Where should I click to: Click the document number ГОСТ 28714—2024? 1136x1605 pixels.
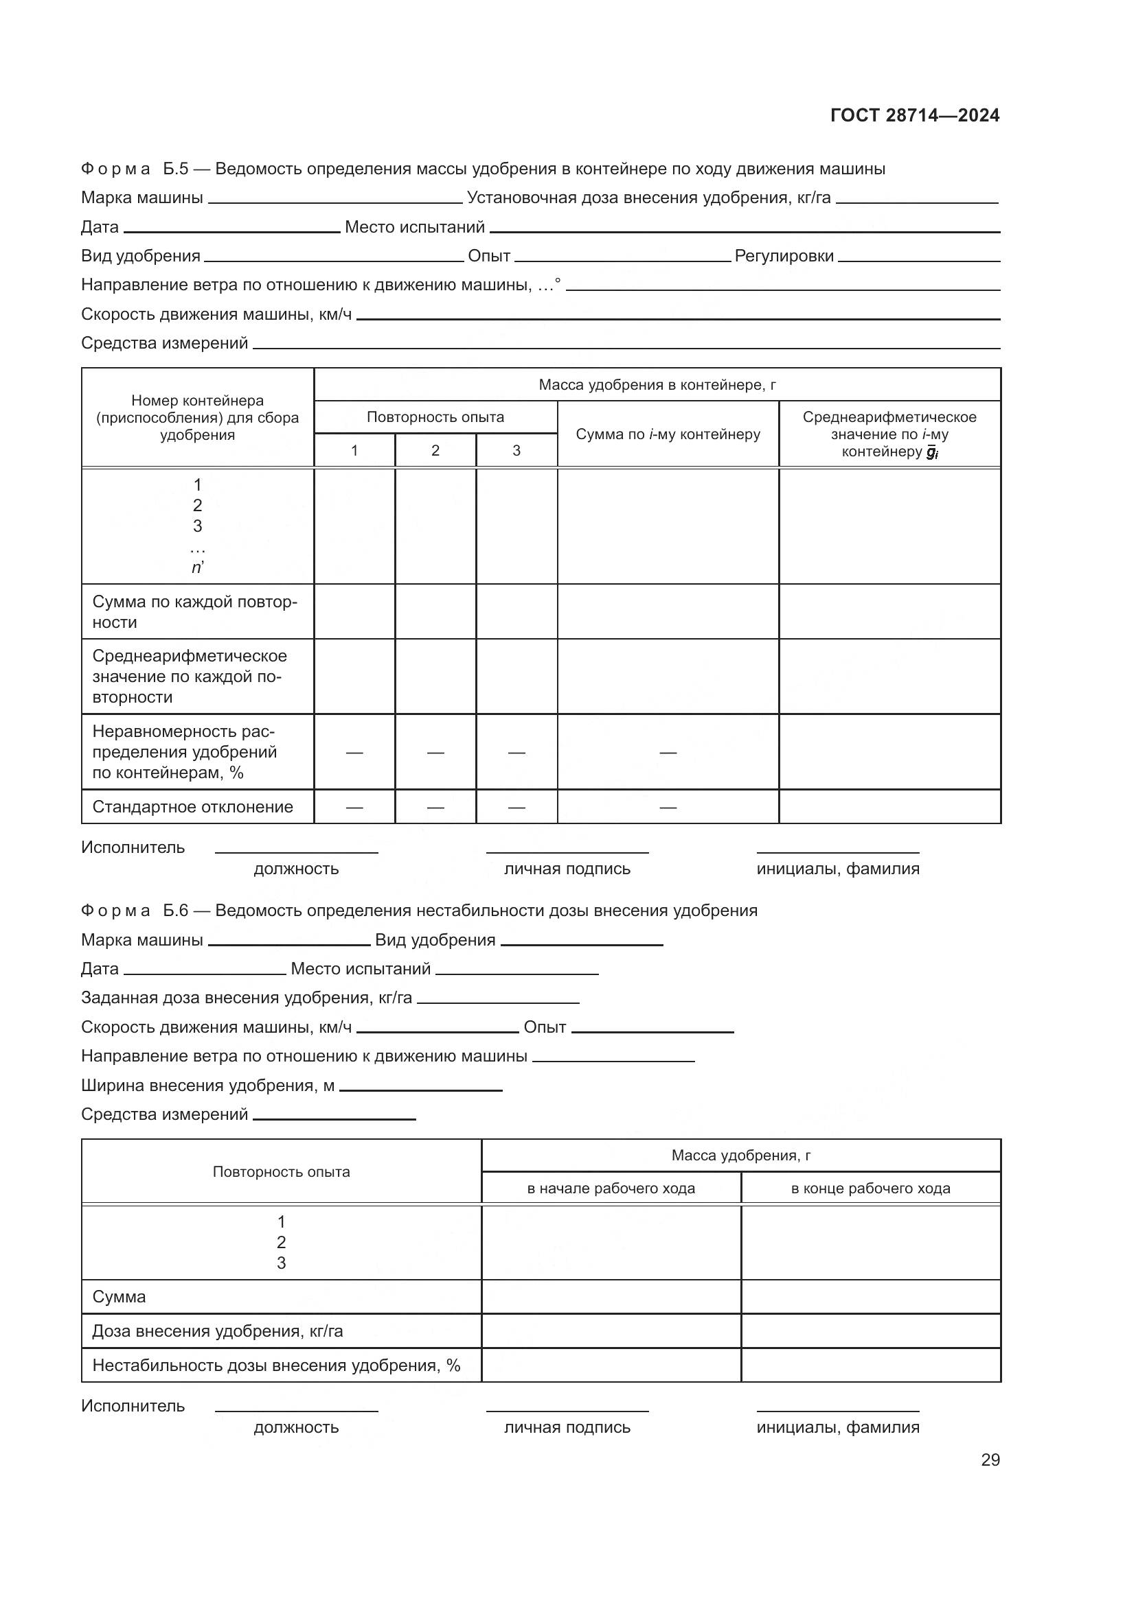tap(914, 115)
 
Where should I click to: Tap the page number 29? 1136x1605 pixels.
tap(990, 1460)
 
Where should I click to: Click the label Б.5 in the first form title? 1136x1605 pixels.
tap(176, 169)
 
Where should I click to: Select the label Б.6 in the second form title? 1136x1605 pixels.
tap(176, 911)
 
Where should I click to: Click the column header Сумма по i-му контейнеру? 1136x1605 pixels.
tap(668, 434)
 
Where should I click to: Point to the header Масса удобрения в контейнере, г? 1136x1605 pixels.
tap(657, 385)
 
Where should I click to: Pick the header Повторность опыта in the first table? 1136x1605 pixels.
tap(435, 417)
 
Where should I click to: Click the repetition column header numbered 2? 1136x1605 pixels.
tap(435, 451)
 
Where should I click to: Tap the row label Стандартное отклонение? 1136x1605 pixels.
tap(192, 808)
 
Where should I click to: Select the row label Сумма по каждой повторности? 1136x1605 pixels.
tap(194, 612)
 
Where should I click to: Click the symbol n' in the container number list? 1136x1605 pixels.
tap(197, 567)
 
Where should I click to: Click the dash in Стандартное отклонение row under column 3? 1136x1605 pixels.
tap(516, 808)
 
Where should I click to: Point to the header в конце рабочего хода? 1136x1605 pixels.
tap(870, 1188)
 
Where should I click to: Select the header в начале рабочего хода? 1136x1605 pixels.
tap(611, 1188)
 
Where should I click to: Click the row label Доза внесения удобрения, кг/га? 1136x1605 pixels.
tap(218, 1331)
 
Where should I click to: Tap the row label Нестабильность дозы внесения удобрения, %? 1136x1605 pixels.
tap(275, 1366)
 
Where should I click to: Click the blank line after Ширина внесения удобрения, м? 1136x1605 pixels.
tap(420, 1090)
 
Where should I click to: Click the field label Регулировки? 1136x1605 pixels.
tap(784, 257)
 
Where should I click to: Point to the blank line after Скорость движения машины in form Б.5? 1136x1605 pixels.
tap(678, 318)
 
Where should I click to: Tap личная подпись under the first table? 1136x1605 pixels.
tap(567, 869)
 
